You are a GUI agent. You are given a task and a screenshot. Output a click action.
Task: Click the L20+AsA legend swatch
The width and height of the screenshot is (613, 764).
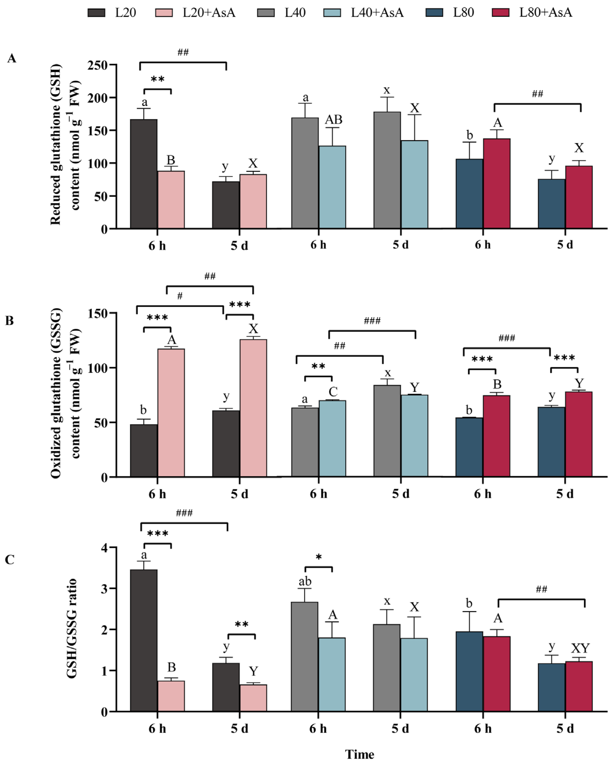[x=164, y=13]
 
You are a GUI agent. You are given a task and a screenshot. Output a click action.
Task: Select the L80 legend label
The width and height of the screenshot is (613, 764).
[x=463, y=13]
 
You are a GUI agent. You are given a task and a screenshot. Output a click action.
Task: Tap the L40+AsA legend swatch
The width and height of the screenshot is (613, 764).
[x=332, y=13]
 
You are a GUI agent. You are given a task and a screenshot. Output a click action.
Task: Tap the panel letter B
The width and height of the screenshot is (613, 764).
[x=10, y=321]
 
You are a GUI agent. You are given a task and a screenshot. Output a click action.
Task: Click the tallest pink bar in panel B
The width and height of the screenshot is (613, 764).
[x=253, y=407]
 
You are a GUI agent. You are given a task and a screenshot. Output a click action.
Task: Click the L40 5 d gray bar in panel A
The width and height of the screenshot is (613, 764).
[x=387, y=170]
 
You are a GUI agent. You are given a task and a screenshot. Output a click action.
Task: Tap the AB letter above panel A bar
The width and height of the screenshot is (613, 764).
[x=333, y=120]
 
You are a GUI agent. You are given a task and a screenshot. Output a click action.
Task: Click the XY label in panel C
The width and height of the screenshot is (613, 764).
[x=580, y=648]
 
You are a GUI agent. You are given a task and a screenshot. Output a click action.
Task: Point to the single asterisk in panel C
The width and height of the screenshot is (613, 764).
[x=319, y=557]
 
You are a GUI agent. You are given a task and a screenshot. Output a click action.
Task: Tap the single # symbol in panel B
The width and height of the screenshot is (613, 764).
[x=180, y=296]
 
